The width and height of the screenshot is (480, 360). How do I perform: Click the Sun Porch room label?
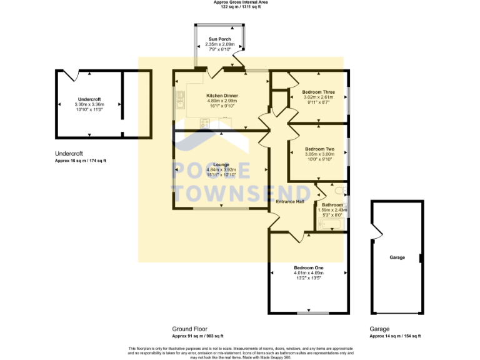[x=220, y=39]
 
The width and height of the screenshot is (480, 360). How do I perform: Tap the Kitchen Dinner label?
[x=222, y=96]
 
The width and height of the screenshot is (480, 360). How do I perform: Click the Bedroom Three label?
[x=318, y=92]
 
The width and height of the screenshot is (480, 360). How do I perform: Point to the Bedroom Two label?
[x=319, y=149]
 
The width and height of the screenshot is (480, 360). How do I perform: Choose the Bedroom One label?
[x=308, y=267]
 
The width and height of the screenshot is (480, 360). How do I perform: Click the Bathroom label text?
[x=332, y=205]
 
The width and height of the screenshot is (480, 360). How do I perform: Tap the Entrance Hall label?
[x=291, y=202]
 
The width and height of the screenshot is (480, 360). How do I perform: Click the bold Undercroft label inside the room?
[x=89, y=99]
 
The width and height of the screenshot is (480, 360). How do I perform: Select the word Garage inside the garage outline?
[x=397, y=257]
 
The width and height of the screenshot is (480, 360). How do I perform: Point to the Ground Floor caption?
[x=189, y=329]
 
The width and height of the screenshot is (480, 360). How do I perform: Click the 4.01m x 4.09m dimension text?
[x=308, y=272]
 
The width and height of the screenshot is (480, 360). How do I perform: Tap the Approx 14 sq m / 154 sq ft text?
[x=395, y=336]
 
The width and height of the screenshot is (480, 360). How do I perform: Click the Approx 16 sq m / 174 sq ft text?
[x=81, y=161]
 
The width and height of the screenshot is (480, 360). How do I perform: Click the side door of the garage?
[x=376, y=232]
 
